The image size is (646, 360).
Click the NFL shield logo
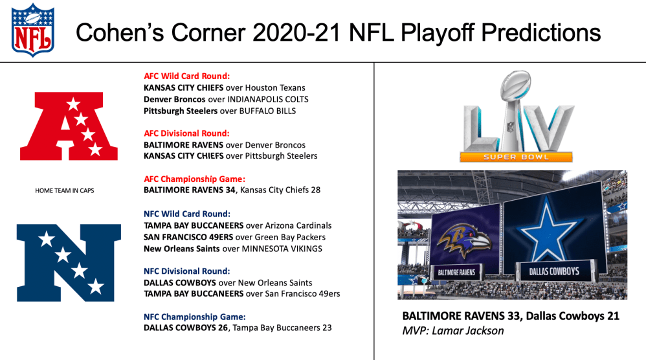[x=33, y=30]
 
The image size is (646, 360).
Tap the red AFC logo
[x=69, y=126]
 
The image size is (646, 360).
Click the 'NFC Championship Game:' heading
[x=194, y=317]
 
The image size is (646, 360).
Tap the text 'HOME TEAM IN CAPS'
[x=65, y=191]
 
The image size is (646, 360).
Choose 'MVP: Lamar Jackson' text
[x=452, y=331]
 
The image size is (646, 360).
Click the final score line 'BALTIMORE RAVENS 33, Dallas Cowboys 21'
[x=511, y=316]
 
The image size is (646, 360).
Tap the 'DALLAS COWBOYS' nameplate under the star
[x=555, y=271]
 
